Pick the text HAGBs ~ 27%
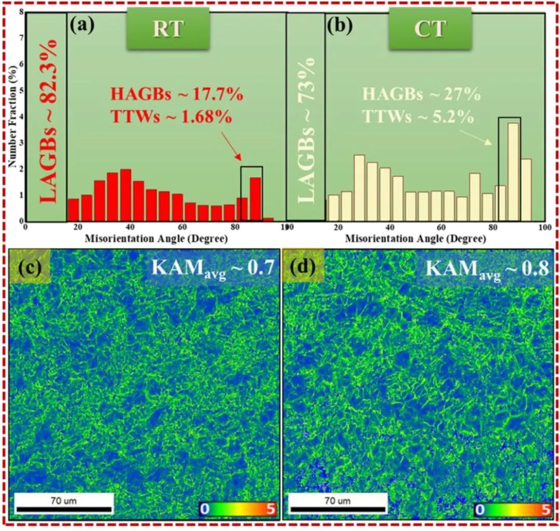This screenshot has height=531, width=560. [421, 95]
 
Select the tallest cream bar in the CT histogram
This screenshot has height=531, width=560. [513, 171]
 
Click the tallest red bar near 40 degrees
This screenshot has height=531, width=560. [125, 194]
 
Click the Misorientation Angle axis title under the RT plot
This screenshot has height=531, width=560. [155, 240]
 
